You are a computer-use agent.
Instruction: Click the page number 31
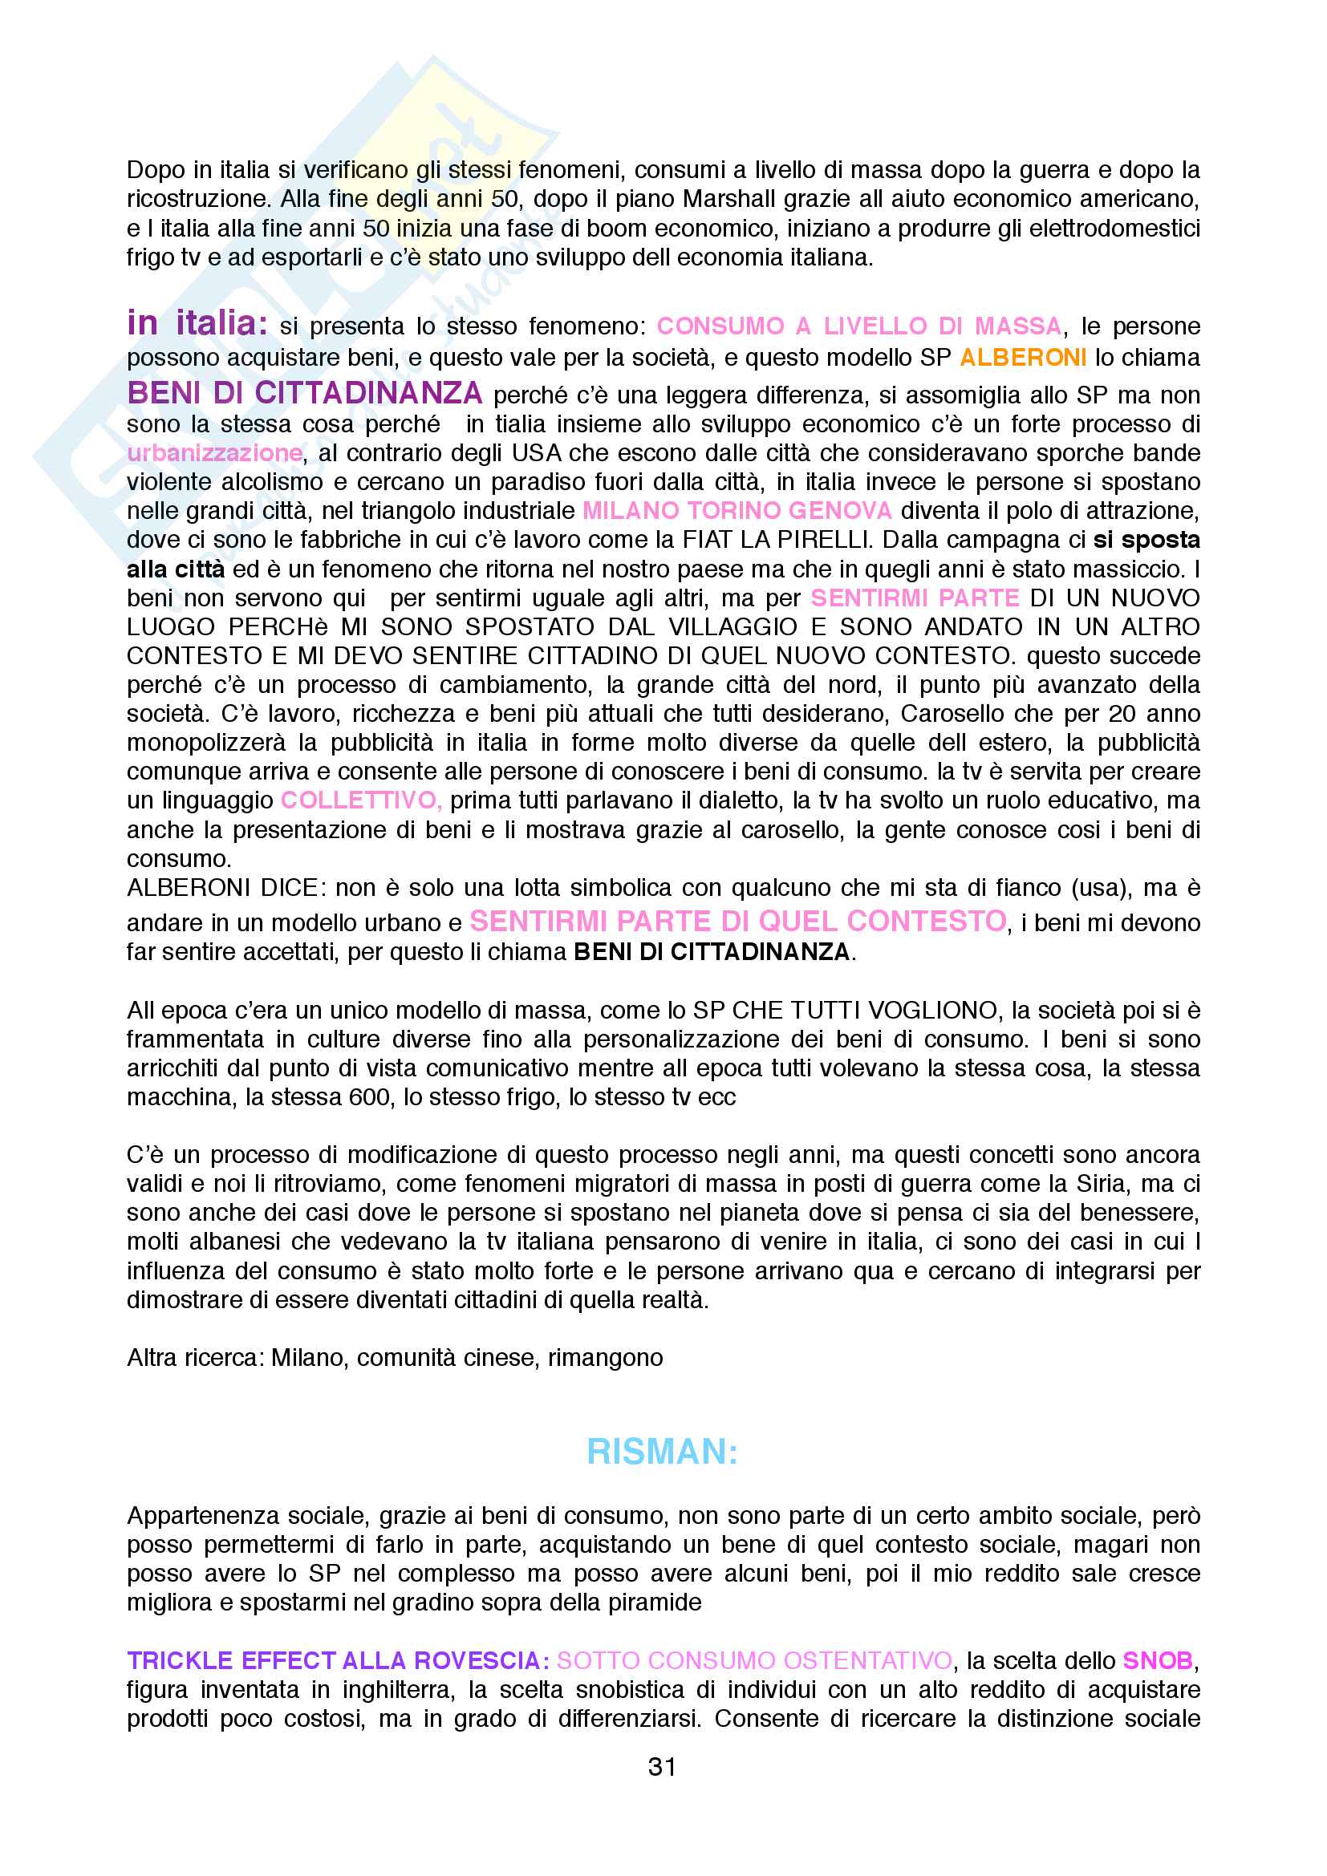662,1768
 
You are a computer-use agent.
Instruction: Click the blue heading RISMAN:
663,1452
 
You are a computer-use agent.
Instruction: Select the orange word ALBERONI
1023,358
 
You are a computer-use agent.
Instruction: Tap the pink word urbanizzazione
215,452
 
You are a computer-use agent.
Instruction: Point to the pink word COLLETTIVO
360,800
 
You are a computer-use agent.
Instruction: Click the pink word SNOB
1158,1661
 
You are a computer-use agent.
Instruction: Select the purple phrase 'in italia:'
197,323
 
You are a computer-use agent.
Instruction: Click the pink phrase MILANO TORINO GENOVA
737,511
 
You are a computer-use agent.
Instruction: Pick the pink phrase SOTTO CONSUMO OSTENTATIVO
755,1661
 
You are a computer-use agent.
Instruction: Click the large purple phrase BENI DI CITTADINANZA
305,394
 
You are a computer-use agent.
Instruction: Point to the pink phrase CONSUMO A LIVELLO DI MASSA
858,326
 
